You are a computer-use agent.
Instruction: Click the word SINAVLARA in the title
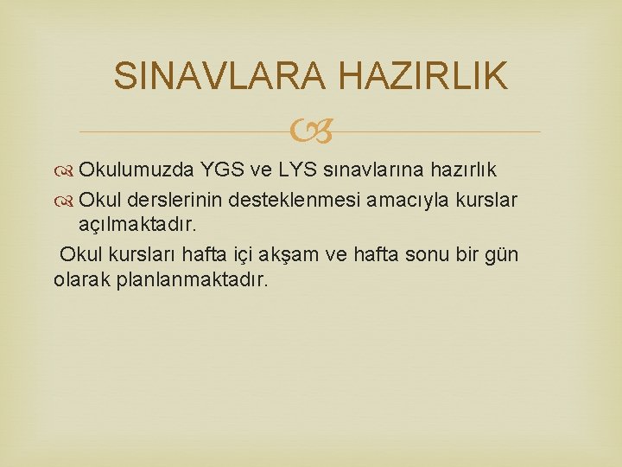tap(219, 76)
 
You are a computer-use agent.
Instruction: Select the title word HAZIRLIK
tap(422, 76)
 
